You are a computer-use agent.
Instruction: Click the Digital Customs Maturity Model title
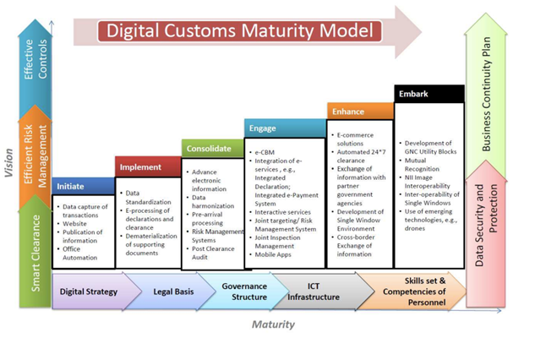pos(239,32)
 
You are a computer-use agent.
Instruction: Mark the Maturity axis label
pos(273,324)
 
